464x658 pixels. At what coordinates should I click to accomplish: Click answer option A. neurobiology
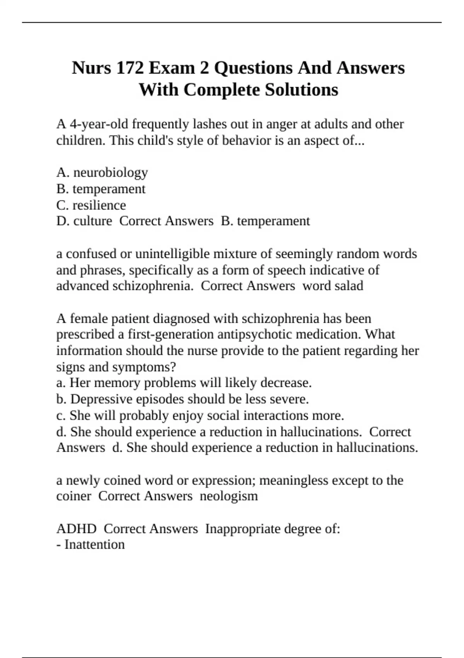coord(102,173)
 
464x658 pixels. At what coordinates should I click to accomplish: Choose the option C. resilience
coord(91,205)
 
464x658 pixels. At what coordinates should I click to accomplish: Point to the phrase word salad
coord(333,286)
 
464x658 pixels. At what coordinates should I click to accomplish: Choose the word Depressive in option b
coord(101,399)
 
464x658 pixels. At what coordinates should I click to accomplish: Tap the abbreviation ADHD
coord(77,529)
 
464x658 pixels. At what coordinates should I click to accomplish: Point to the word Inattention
coord(95,545)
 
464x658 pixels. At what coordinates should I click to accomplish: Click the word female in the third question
coord(89,319)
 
